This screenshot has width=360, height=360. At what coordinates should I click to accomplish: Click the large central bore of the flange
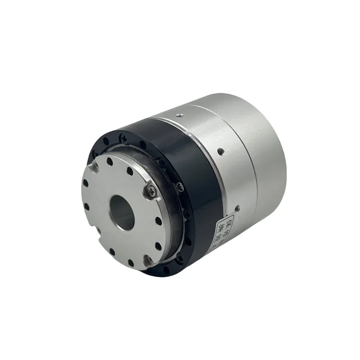coord(123,212)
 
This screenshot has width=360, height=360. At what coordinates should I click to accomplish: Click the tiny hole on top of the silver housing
coord(178,116)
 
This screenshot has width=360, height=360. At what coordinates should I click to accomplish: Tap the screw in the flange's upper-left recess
coord(95,168)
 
